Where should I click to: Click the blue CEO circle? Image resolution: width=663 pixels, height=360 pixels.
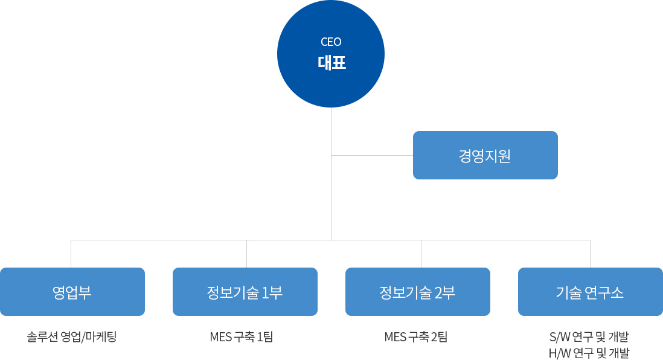pos(331,54)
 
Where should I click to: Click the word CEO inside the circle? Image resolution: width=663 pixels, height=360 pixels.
pos(331,42)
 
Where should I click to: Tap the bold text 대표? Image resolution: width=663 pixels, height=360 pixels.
pos(332,63)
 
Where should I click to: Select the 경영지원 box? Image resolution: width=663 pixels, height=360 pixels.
pos(485,155)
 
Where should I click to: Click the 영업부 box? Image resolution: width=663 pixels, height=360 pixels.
pos(72,292)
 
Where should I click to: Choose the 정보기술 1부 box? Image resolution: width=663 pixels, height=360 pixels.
pos(245,292)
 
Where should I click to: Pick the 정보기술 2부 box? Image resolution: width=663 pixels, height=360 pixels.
pos(418,292)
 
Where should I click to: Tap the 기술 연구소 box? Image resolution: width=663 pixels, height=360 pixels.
pos(591,292)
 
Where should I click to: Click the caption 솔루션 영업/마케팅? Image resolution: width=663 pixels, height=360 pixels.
pos(71,336)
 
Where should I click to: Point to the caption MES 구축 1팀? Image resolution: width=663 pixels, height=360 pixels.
pos(242,336)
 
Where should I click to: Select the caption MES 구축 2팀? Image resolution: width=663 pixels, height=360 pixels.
pos(415,336)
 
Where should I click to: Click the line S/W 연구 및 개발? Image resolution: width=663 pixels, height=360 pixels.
pos(589,336)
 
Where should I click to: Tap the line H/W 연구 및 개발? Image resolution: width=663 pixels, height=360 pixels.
pos(589,352)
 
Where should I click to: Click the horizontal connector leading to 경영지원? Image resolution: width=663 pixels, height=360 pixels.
pos(372,156)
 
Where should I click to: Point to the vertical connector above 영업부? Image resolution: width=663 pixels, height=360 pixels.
pos(71,254)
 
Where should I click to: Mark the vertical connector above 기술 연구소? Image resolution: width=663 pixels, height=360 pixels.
pos(591,254)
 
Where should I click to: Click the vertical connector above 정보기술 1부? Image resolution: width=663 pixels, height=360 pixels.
pos(246,254)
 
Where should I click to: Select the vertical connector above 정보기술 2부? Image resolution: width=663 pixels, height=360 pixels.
pos(421,254)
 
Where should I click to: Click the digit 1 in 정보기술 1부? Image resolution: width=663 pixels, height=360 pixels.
pos(265,292)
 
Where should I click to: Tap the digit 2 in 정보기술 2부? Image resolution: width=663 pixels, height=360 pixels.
pos(438,292)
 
